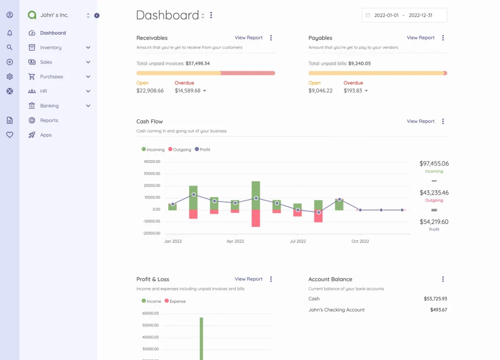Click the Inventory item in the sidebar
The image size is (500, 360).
pos(50,48)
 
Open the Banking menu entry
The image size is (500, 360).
pos(49,106)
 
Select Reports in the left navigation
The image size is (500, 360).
pos(49,120)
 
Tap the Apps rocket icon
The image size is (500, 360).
pos(32,135)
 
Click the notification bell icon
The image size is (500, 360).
pos(10,33)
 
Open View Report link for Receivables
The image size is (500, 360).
pos(249,38)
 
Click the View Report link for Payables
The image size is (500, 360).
pos(420,38)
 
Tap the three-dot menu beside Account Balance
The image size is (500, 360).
pos(443,280)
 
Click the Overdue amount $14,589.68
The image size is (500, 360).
pos(187,91)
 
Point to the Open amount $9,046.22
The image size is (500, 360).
pos(320,91)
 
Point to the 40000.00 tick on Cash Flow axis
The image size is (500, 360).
pos(152,162)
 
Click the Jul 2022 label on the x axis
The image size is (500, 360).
pos(298,241)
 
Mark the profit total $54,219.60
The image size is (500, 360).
pos(434,222)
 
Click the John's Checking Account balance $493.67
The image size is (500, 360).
pos(438,310)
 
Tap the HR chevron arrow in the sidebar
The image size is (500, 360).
pos(88,91)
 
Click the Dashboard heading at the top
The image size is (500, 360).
pos(167,16)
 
